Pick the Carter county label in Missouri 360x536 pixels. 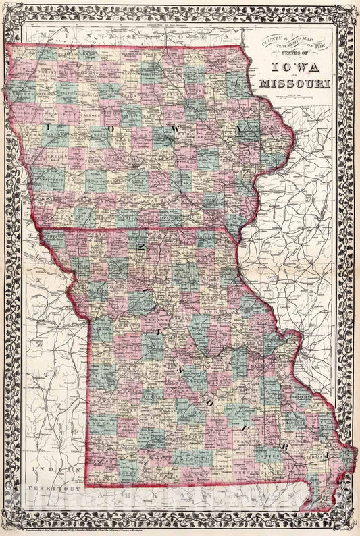tap(263, 456)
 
